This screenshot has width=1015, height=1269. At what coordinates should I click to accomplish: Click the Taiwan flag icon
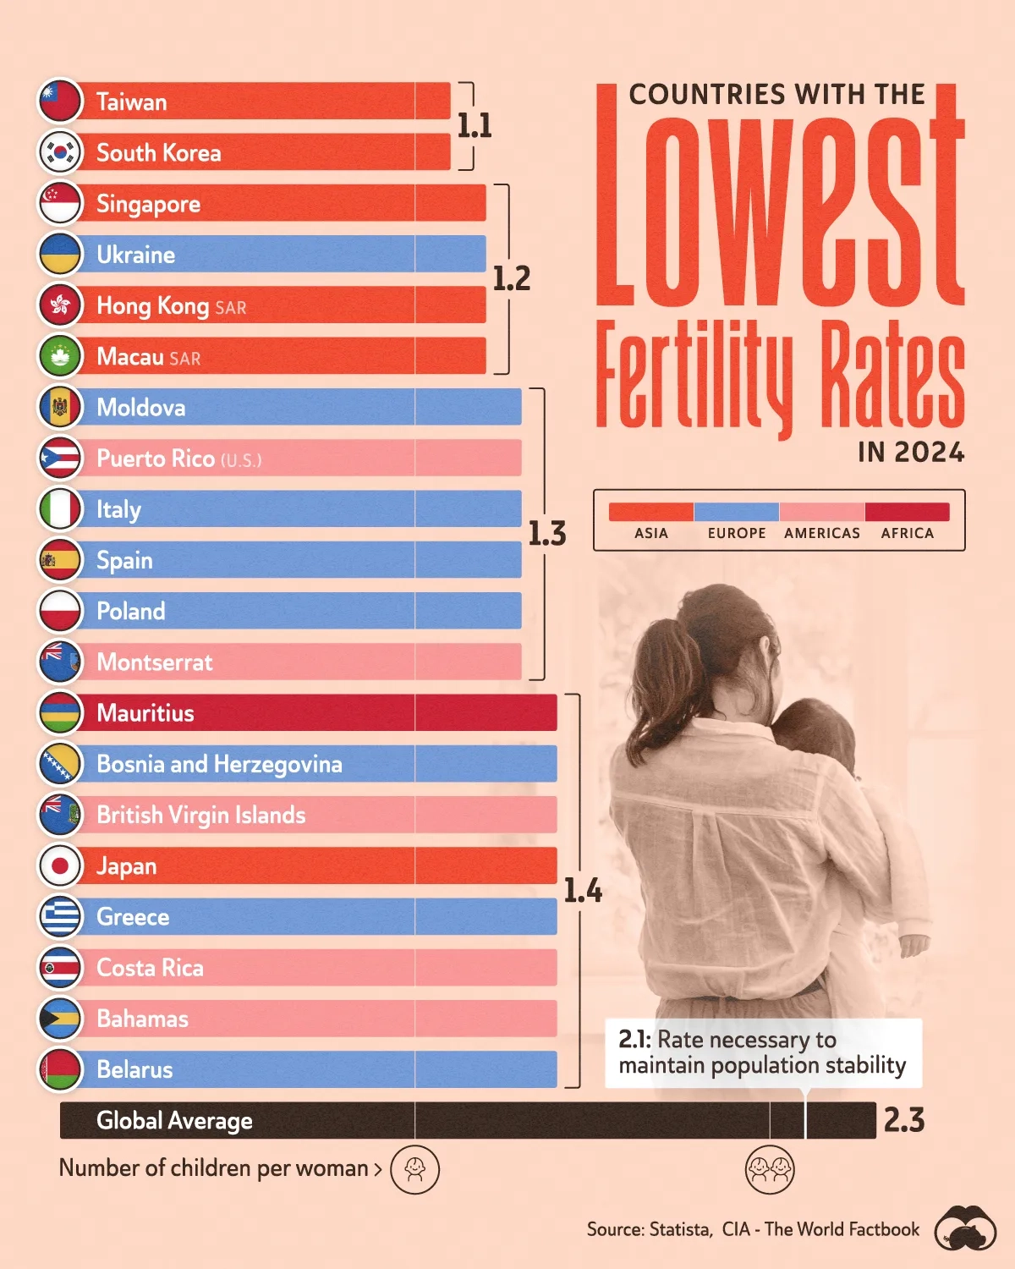(x=60, y=102)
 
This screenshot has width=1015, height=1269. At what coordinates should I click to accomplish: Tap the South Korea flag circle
(x=60, y=152)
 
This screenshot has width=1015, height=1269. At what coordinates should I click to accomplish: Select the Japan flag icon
(x=60, y=865)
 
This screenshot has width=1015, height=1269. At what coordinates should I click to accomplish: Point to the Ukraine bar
(x=279, y=254)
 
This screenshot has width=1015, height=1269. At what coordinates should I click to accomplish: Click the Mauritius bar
(x=313, y=712)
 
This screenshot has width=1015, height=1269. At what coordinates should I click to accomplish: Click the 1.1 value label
(x=475, y=126)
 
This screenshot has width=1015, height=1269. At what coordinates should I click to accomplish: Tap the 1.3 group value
(x=546, y=534)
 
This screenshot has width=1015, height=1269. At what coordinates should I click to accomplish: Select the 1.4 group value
(x=583, y=890)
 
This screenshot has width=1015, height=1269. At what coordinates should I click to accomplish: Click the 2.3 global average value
(x=904, y=1120)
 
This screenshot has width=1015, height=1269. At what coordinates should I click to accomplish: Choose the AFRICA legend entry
(x=907, y=533)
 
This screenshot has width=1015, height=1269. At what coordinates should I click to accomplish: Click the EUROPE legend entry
(x=737, y=533)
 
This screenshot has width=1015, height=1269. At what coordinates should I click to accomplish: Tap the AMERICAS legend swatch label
(x=821, y=533)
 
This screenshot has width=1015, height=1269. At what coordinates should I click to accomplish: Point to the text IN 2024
(x=911, y=453)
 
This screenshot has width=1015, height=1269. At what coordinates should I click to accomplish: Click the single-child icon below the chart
(x=415, y=1170)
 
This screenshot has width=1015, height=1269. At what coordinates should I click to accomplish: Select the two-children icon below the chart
(x=770, y=1170)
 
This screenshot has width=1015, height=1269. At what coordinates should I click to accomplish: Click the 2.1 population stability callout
(x=762, y=1052)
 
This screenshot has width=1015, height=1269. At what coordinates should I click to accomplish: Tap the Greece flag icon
(x=60, y=916)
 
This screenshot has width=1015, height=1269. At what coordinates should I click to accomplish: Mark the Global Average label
(x=174, y=1120)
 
